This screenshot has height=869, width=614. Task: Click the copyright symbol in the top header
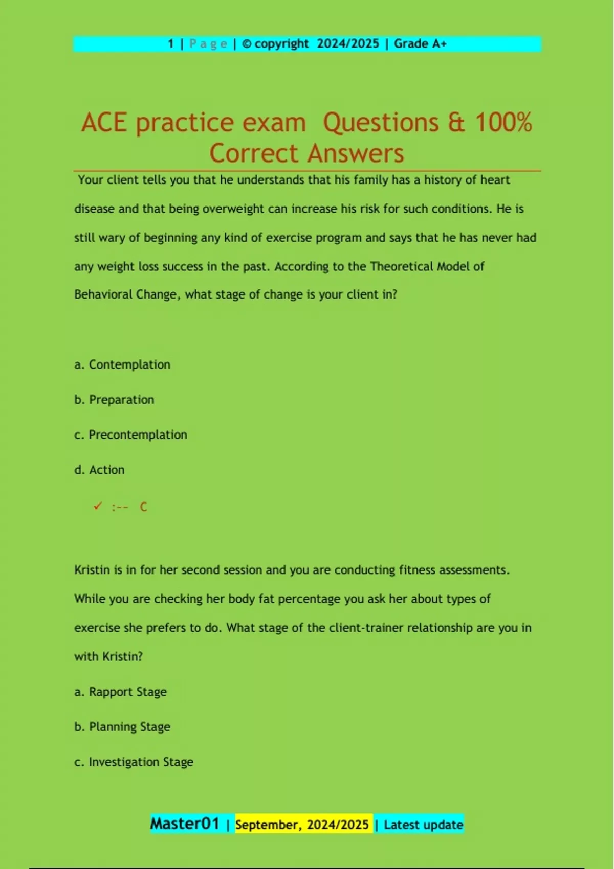point(246,44)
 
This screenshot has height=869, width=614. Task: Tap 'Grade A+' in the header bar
point(420,44)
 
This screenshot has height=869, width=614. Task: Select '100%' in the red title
point(503,123)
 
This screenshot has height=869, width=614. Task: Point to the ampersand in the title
point(456,123)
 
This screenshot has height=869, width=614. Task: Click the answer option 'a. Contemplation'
point(122,364)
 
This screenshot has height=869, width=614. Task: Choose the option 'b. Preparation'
point(114,400)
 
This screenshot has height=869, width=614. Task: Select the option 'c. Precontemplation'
point(130,435)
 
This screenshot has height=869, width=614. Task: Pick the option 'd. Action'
point(99,470)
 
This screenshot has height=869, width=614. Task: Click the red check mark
point(98,506)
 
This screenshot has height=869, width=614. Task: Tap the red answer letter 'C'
point(143,507)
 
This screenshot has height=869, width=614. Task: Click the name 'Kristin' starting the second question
point(92,570)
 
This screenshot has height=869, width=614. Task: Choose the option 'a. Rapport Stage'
point(121,692)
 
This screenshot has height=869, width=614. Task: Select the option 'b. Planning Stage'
point(122,727)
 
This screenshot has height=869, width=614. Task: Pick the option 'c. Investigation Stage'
point(134,762)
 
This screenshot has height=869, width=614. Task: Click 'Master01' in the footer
point(185,824)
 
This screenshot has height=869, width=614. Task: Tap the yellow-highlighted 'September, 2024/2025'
point(302,825)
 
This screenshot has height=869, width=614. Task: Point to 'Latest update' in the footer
point(423,825)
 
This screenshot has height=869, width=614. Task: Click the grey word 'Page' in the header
point(208,44)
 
